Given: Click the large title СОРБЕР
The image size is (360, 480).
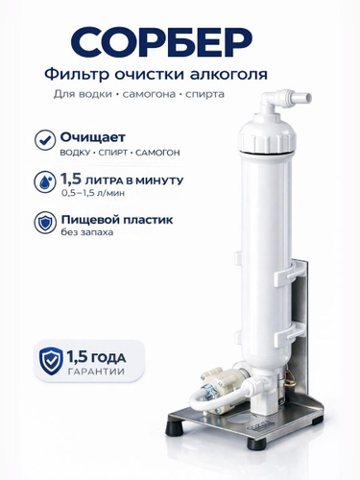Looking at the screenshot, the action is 161,42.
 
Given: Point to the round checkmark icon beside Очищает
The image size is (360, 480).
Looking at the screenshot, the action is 45,140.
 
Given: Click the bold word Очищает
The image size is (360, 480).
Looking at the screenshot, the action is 93,137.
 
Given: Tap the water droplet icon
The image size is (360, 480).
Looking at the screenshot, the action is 45,182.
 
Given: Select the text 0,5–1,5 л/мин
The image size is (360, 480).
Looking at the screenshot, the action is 93,193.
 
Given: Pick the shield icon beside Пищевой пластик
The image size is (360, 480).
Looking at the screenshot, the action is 45,223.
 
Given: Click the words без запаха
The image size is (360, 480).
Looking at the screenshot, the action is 87,232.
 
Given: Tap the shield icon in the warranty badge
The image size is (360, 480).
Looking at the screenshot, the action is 51,361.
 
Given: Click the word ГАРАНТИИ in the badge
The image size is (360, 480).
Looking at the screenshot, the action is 96,372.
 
